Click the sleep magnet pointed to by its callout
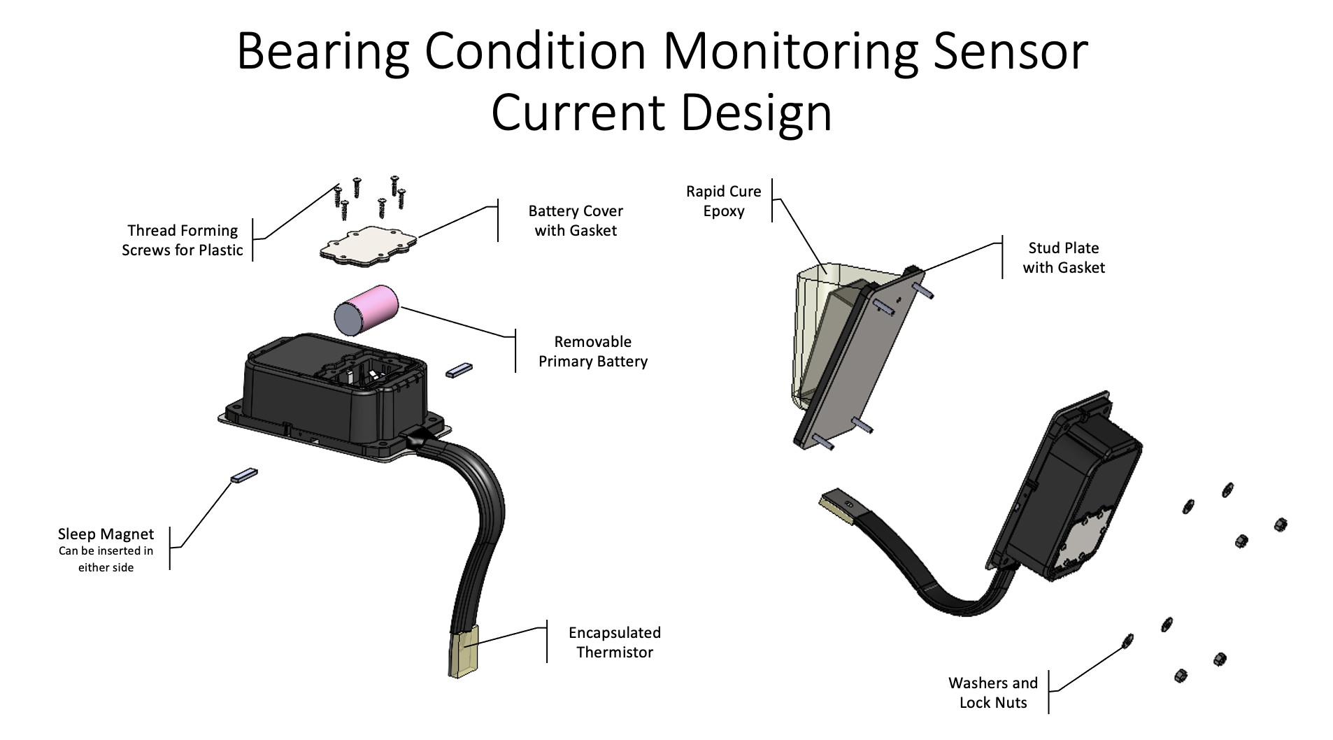click(244, 476)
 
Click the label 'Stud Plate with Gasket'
click(1063, 257)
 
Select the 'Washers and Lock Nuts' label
click(992, 692)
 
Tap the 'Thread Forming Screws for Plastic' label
click(182, 240)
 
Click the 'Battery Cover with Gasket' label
click(575, 220)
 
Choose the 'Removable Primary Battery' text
click(592, 351)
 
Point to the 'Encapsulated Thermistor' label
click(614, 642)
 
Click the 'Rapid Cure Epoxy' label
click(723, 201)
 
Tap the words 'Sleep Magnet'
click(106, 534)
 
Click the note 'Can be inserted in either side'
click(106, 559)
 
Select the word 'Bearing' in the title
click(323, 51)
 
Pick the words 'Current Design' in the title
click(661, 113)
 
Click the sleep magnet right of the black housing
click(459, 369)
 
